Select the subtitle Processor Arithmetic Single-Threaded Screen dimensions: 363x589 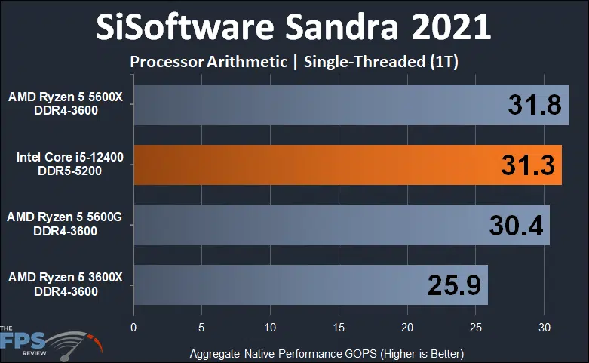294,62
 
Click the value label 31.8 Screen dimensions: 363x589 534,105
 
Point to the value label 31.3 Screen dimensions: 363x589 528,165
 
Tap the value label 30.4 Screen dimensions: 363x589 516,225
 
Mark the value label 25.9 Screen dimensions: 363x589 454,285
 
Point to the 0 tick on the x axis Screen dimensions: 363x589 133,328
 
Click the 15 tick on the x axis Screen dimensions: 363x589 339,328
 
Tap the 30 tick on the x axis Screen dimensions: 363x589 544,328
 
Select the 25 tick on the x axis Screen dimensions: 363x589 475,328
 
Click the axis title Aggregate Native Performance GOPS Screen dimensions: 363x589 326,353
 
